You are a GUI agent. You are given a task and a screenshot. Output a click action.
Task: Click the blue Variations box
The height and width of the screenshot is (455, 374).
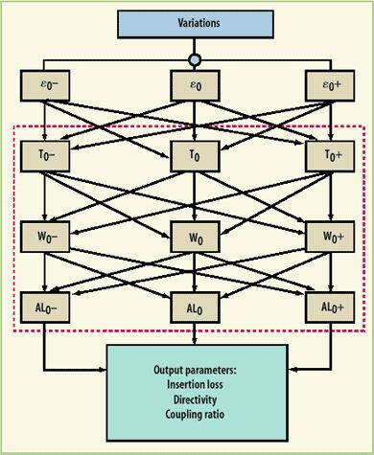[196, 21]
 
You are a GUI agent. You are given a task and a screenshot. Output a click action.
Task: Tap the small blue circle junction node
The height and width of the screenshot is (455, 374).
[196, 58]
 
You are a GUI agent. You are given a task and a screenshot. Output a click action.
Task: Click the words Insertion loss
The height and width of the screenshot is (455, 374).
[196, 387]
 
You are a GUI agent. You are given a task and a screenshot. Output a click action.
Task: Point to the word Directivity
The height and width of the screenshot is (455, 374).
[196, 402]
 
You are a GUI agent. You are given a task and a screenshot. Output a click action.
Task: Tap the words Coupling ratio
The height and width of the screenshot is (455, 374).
[196, 418]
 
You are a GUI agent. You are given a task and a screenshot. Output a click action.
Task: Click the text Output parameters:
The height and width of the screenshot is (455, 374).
[196, 371]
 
